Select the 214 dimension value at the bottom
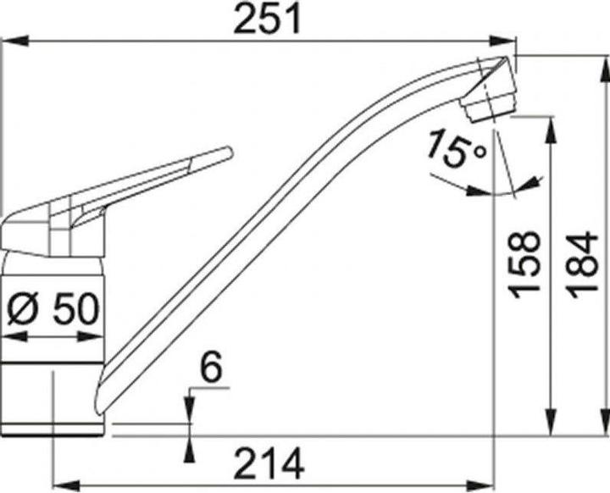click(x=269, y=465)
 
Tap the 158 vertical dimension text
click(x=527, y=263)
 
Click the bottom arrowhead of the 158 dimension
click(x=552, y=427)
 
